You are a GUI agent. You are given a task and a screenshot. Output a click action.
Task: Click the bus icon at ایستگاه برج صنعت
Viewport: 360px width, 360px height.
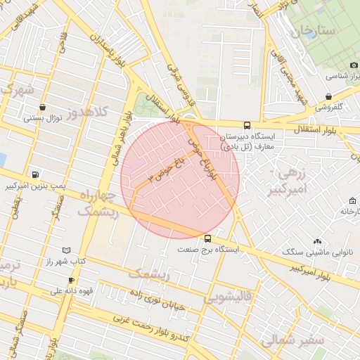click(207, 238)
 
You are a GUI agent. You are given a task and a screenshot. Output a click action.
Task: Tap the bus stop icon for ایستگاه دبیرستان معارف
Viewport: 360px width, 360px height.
click(246, 125)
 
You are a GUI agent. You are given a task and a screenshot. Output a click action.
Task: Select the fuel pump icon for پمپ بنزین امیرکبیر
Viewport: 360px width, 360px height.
click(35, 174)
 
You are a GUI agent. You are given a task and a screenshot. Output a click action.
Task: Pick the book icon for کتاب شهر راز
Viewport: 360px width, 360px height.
click(67, 250)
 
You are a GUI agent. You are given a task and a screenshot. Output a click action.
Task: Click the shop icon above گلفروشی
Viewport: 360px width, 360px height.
click(328, 96)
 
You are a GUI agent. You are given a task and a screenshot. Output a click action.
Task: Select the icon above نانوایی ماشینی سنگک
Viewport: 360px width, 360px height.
click(318, 241)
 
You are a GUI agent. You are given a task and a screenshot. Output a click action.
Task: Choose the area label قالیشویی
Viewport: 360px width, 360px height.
click(228, 298)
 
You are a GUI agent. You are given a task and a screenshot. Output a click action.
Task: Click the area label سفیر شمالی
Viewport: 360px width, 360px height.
click(290, 340)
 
